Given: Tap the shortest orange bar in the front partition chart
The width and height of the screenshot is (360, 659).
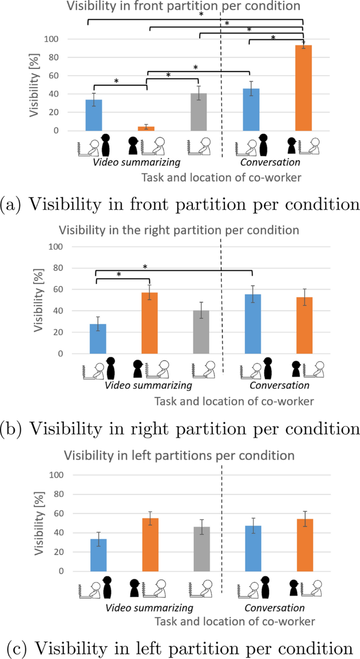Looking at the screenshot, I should (146, 128).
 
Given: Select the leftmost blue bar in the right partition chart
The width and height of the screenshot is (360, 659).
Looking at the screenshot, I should (98, 339).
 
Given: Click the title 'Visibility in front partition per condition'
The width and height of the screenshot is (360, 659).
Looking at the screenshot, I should (183, 6).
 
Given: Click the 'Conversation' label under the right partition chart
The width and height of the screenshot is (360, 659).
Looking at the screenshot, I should (279, 386).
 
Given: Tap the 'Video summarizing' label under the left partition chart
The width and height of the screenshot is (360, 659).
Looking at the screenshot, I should (149, 608).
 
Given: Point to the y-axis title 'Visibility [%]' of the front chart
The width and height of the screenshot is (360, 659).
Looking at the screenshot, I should (34, 85).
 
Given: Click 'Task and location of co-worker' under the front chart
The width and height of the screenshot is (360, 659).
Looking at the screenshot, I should (221, 178).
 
